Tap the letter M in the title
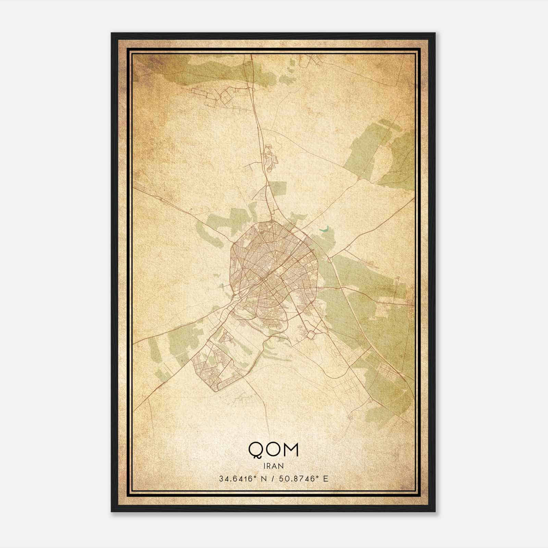pos(290,449)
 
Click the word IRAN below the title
pos(273,466)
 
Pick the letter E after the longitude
pos(325,478)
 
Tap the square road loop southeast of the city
pos(311,334)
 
